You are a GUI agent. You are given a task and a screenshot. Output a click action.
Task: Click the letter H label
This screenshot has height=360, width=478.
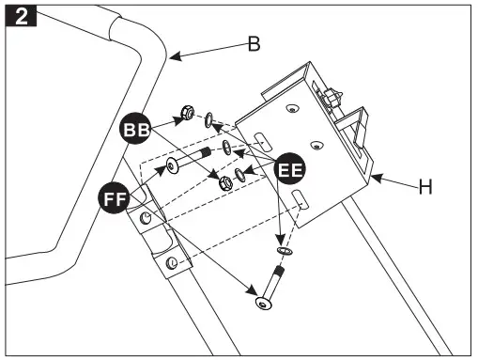point(424,187)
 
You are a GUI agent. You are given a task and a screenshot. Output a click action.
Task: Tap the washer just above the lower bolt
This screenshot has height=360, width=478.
point(285,252)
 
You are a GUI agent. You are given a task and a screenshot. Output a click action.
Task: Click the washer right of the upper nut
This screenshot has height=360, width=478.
point(211,121)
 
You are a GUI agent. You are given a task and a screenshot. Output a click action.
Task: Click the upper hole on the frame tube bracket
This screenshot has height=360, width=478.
point(145,218)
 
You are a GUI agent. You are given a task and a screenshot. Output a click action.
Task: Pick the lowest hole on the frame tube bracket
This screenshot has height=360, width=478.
point(171,262)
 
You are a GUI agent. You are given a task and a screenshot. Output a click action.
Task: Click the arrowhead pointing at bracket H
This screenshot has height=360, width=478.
point(374,177)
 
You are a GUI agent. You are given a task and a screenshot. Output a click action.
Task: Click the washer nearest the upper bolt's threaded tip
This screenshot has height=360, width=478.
point(228,148)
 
